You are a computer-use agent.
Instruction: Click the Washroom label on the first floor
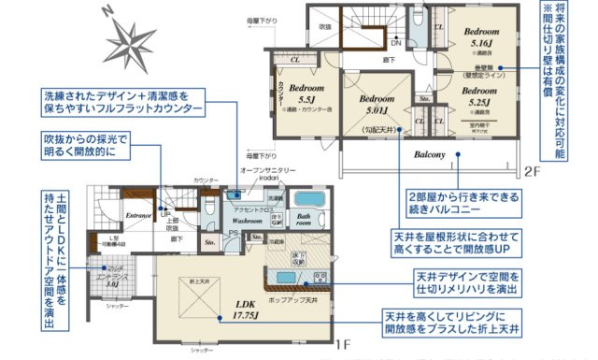click(247, 222)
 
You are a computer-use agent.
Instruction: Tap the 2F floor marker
click(532, 172)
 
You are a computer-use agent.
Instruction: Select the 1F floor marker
click(343, 344)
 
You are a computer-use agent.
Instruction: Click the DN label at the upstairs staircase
click(395, 42)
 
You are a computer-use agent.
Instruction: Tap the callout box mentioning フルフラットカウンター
click(121, 103)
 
